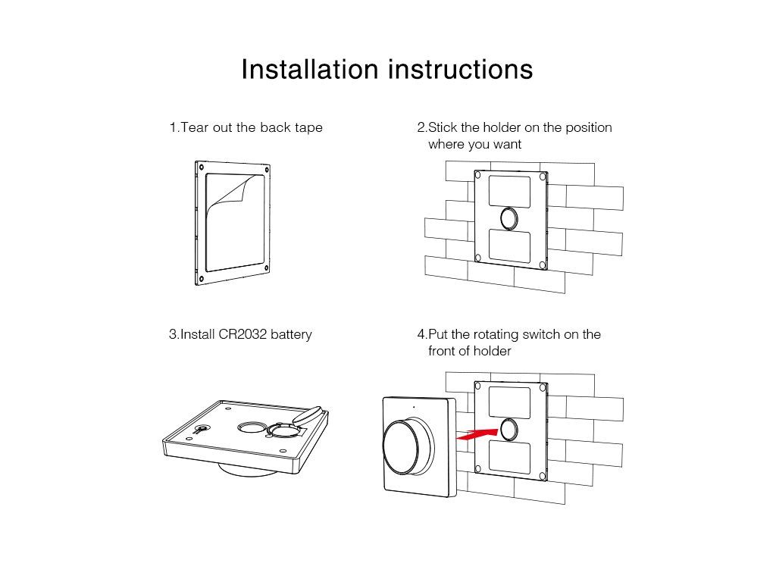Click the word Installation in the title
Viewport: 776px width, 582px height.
coord(310,69)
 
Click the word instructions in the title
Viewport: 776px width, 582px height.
coord(461,69)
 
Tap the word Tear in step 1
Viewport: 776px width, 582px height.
coord(195,127)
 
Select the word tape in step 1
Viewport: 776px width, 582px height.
coord(309,128)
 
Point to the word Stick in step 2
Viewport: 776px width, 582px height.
coord(443,127)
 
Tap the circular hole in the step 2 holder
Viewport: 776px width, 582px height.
coord(508,218)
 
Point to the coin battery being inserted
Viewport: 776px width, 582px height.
coord(307,415)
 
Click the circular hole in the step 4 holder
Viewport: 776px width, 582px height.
coord(508,429)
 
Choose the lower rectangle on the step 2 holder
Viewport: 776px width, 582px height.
coord(509,246)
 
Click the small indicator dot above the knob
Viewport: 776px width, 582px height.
coord(414,407)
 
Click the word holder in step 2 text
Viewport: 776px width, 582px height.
coord(502,127)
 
